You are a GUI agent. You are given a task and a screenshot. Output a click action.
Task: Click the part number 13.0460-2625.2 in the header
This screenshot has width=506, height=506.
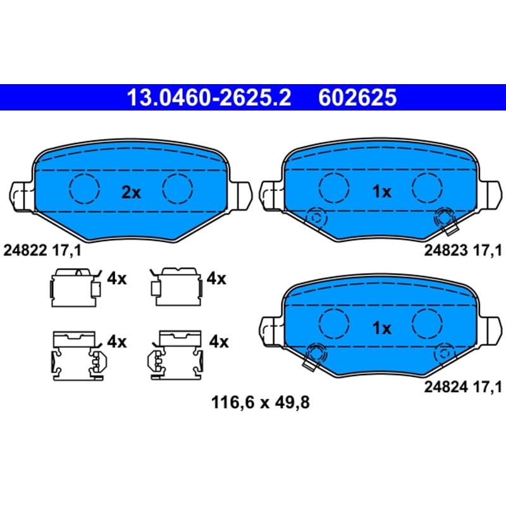pos(209,97)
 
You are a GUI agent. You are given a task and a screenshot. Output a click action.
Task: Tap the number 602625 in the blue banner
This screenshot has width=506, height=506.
pos(357,97)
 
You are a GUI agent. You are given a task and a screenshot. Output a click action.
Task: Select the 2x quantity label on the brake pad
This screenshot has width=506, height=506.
pos(131,193)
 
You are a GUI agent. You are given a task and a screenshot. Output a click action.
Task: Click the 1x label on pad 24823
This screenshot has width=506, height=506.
pos(382,192)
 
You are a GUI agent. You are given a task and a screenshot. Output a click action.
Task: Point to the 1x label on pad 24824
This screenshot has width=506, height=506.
pos(382,328)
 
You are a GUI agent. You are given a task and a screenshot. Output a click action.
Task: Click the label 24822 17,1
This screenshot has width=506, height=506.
pos(42,250)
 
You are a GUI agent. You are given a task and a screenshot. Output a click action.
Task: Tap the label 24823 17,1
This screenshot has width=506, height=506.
pos(463,250)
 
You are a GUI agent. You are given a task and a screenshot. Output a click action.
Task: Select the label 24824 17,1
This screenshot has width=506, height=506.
pos(463,387)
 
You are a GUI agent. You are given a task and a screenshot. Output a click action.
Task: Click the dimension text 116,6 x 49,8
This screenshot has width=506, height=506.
pos(261,402)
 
